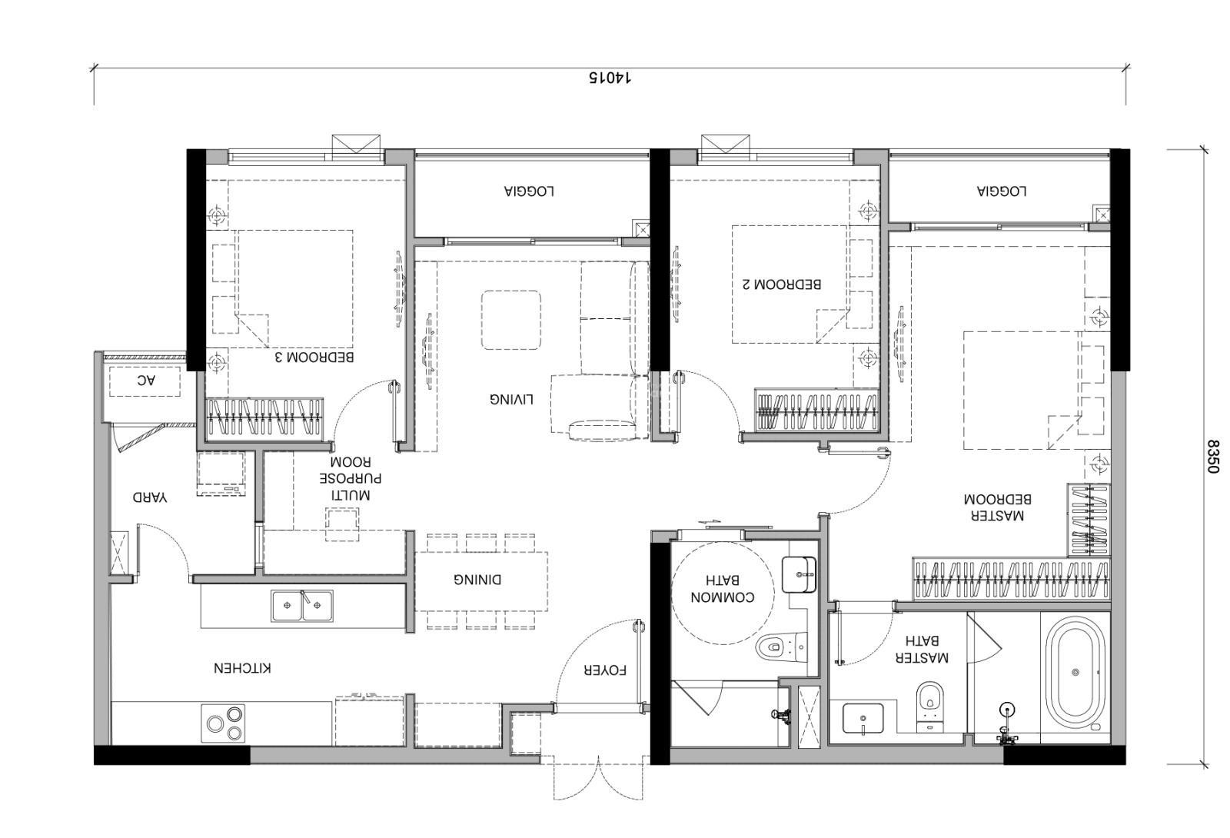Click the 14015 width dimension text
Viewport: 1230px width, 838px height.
(x=610, y=78)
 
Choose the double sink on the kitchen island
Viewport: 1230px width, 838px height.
(x=301, y=606)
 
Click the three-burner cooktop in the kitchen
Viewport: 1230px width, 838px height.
(x=223, y=723)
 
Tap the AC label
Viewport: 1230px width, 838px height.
(x=145, y=380)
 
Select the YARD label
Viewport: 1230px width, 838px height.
(x=150, y=498)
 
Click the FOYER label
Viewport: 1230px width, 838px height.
(x=604, y=670)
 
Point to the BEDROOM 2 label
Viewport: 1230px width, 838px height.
(x=782, y=284)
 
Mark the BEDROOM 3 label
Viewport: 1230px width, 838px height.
(x=314, y=357)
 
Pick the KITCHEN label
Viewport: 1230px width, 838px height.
(x=242, y=668)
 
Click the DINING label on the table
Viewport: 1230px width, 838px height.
(x=477, y=580)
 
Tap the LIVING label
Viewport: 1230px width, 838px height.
(x=511, y=399)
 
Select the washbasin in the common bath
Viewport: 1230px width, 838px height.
(x=799, y=574)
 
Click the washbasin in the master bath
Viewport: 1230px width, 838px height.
(x=863, y=718)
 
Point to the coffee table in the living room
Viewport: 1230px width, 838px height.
(x=510, y=321)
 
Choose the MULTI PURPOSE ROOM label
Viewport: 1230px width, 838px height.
(x=351, y=477)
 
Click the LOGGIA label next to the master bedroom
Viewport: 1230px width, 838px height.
(x=1002, y=191)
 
